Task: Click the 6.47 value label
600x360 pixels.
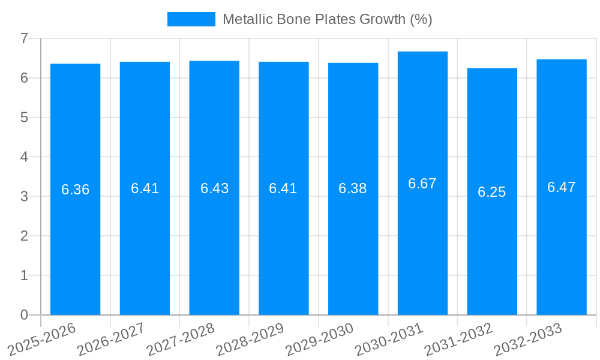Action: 561,187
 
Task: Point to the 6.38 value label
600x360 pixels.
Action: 353,188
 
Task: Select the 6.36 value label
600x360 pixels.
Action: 75,190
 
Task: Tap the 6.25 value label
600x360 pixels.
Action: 492,192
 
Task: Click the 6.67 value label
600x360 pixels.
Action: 422,184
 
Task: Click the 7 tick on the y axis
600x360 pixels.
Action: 24,38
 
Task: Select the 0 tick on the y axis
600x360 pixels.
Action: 24,315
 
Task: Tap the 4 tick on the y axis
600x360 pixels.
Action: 24,157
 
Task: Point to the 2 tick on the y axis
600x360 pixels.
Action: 24,236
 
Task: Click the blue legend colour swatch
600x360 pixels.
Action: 191,19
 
